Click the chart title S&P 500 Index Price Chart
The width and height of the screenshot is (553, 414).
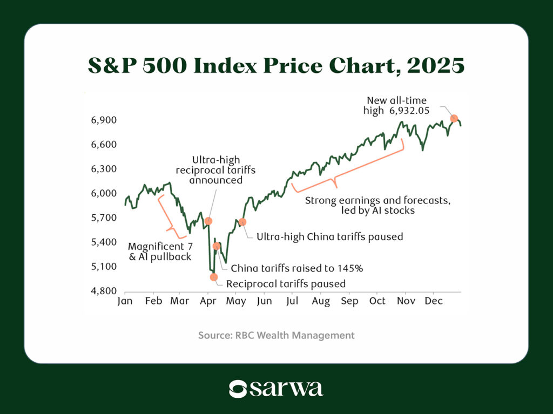tap(276, 66)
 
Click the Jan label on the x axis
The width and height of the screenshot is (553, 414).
tap(125, 301)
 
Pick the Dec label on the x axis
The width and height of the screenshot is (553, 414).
tap(434, 301)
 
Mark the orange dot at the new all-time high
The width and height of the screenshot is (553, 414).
tap(454, 118)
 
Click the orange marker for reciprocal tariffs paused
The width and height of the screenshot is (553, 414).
tap(213, 277)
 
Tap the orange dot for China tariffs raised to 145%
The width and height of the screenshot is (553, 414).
tap(217, 246)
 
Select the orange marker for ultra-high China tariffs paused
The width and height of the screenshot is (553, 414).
tap(242, 222)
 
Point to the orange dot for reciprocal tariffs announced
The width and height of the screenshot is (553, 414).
tap(208, 221)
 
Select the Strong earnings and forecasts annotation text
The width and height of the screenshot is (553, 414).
tap(377, 205)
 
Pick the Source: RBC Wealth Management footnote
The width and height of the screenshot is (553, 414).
tap(276, 335)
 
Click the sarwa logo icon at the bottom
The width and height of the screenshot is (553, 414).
tap(238, 389)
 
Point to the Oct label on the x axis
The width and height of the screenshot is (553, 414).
tap(377, 301)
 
